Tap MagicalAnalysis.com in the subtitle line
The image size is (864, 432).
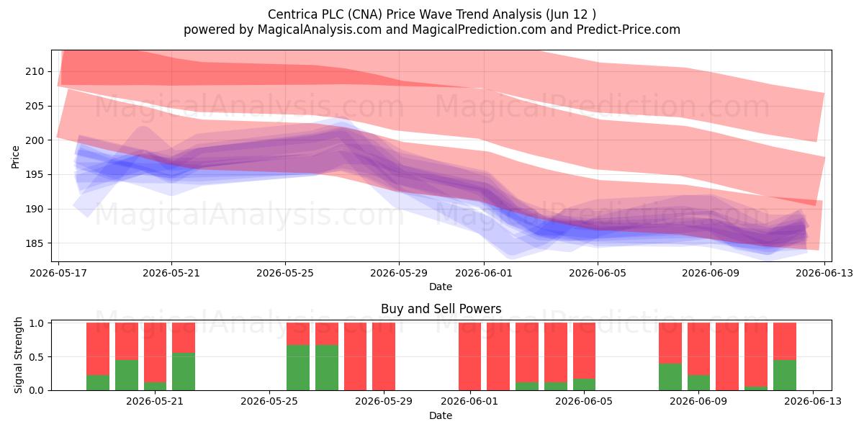point(320,30)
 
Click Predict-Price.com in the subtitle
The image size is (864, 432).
point(629,30)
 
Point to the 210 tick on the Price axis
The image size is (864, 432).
point(35,72)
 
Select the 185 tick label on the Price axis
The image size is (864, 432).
point(35,243)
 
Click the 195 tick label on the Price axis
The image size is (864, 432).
point(35,175)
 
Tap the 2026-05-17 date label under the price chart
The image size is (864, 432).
point(58,273)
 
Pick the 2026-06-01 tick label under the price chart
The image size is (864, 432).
point(484,273)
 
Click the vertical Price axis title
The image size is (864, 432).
point(15,157)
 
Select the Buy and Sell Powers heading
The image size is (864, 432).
point(441,309)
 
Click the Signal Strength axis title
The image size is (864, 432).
point(18,355)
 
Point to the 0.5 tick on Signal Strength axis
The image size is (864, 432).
point(36,357)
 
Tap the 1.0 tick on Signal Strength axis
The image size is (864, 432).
point(36,323)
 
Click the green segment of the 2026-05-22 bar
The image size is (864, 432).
point(184,372)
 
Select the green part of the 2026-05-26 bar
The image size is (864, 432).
point(298,368)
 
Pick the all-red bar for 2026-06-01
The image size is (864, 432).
point(469,356)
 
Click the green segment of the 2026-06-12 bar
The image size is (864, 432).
point(785,375)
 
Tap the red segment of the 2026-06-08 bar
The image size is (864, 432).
point(670,343)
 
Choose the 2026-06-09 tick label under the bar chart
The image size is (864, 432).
point(698,401)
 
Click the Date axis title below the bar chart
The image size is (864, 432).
point(441,415)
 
